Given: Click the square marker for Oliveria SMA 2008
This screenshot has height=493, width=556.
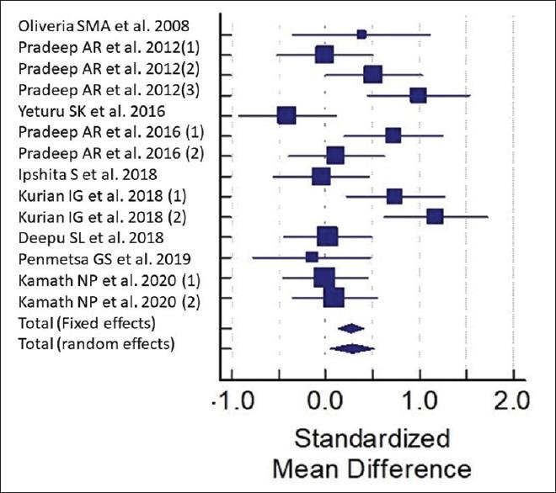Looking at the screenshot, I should point(361,34).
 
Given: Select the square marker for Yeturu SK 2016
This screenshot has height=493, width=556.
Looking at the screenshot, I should point(286,115).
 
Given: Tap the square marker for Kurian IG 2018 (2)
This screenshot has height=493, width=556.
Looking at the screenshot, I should point(435,216).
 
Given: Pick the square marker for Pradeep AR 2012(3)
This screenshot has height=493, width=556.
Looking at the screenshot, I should point(418,95).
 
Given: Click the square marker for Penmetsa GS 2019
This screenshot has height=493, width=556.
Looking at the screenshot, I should point(312,257).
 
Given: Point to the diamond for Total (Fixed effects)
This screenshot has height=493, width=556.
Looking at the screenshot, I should point(350,328).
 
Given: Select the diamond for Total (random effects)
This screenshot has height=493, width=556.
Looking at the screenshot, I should point(352,348).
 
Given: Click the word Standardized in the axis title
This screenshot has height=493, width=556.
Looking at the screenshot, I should point(372,439).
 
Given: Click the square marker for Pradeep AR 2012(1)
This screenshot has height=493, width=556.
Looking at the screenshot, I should point(324,55).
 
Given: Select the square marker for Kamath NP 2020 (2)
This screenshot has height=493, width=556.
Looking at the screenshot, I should point(334,297).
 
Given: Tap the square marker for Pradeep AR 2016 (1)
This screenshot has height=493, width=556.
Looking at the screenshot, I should point(393,135).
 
